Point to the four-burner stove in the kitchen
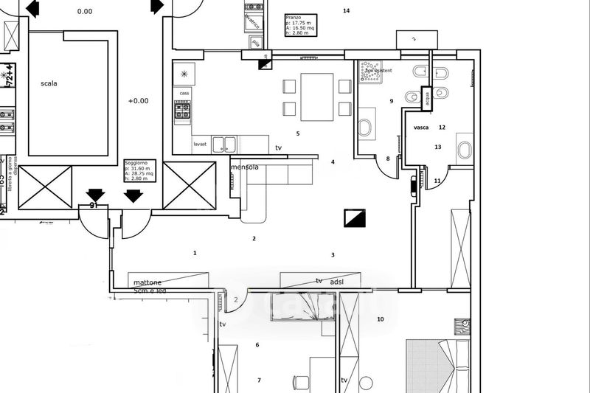[x=181, y=111]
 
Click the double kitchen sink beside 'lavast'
[x=224, y=144]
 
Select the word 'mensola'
[x=245, y=167]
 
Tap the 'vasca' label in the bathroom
[x=422, y=128]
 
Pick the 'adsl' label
[x=336, y=281]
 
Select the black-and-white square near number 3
[x=355, y=219]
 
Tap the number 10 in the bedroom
[x=381, y=319]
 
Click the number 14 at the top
[x=347, y=10]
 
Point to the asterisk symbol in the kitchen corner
[x=184, y=74]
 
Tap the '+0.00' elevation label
[x=138, y=101]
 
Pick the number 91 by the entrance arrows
[x=94, y=206]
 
